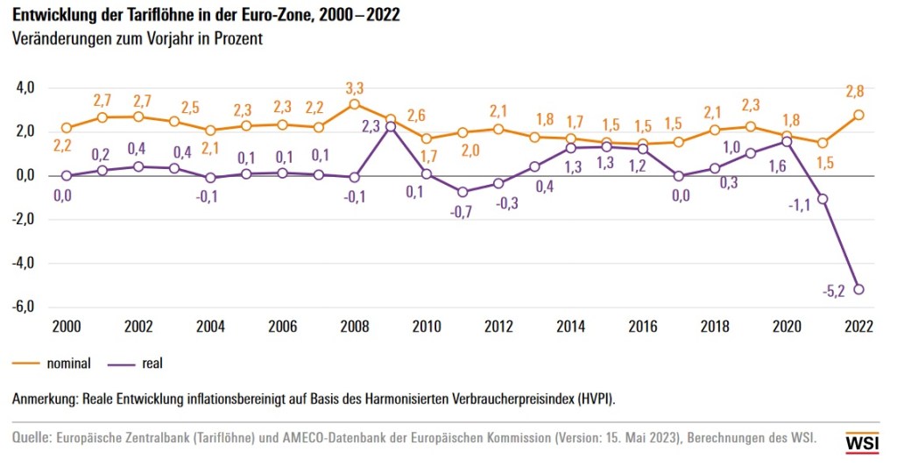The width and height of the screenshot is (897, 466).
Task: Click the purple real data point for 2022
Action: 859,289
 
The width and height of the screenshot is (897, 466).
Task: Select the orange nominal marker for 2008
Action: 354,104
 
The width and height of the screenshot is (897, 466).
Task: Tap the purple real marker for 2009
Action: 391,127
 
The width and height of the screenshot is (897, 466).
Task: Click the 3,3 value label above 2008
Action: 354,87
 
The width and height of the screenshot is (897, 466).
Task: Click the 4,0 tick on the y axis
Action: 24,88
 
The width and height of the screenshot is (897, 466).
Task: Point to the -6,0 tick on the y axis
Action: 22,307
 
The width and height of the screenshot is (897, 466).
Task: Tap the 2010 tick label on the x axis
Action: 427,327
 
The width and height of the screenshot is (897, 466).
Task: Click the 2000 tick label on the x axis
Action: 67,327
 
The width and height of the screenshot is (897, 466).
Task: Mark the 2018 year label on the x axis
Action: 715,327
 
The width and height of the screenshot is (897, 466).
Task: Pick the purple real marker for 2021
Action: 823,199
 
